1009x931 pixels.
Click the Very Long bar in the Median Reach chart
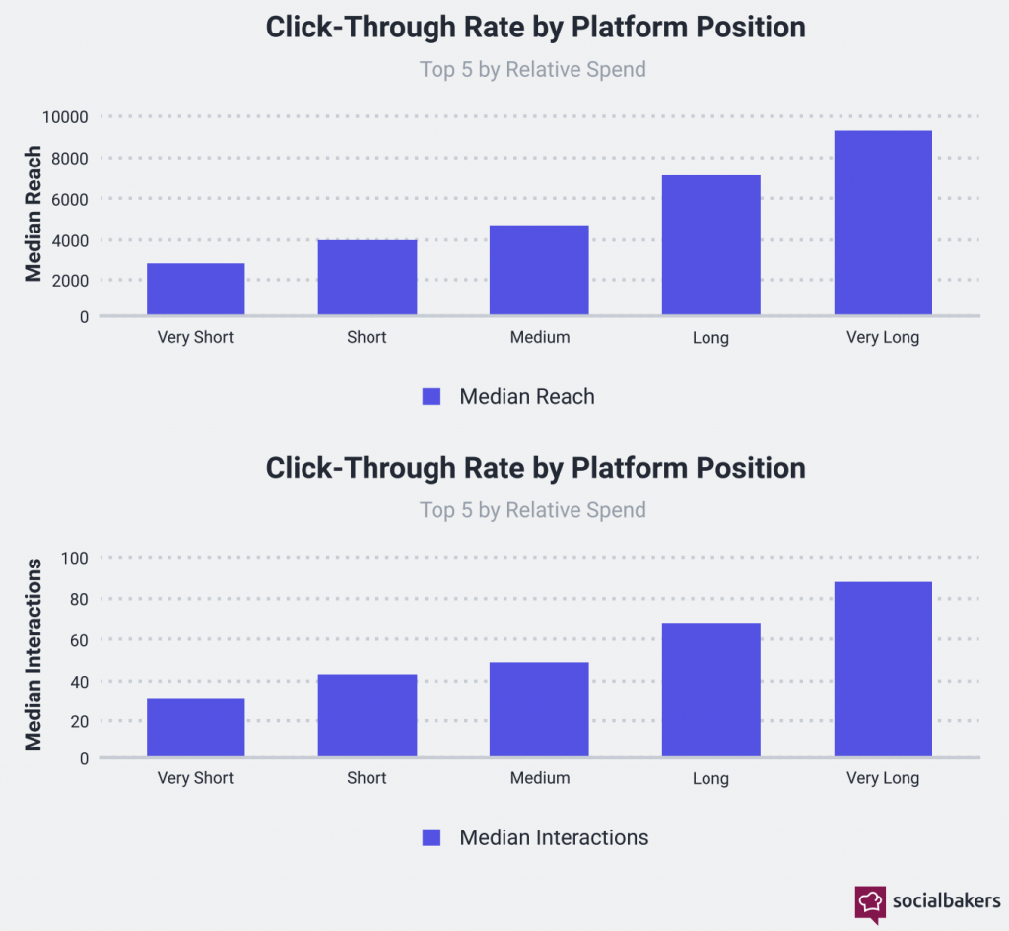coord(883,223)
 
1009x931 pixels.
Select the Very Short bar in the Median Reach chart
coord(195,289)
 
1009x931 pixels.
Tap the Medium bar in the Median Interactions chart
coord(539,709)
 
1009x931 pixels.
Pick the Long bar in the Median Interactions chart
coord(710,690)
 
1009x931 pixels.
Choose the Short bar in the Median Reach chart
coord(367,277)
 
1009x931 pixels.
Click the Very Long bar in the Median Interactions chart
coord(883,669)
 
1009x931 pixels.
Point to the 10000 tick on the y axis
coord(65,117)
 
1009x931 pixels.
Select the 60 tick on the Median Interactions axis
coord(78,640)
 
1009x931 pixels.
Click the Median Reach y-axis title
coord(34,214)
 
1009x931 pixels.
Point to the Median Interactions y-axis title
coord(34,654)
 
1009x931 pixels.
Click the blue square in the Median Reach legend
coord(432,396)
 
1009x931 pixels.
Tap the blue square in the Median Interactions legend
coord(432,837)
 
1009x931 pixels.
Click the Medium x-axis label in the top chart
coord(539,337)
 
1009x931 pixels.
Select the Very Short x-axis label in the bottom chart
coord(195,778)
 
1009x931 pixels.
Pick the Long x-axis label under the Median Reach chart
coord(710,338)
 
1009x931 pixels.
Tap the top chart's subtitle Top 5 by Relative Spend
coord(533,69)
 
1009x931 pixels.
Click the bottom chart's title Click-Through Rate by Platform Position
coord(535,467)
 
